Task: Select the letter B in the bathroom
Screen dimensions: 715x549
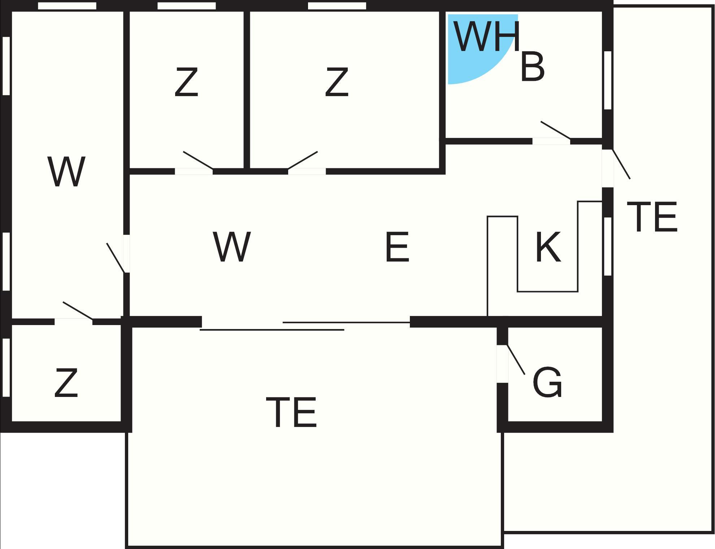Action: (532, 67)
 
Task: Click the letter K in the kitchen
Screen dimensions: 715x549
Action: (548, 247)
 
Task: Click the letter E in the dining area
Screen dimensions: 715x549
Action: (397, 247)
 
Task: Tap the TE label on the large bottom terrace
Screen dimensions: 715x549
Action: (291, 412)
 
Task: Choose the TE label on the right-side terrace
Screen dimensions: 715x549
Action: (652, 217)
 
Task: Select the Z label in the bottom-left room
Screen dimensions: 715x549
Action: (66, 383)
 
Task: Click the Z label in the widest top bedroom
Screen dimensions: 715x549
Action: (337, 82)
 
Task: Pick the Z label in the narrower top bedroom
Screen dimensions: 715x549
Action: (186, 82)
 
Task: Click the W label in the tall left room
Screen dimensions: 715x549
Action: (66, 172)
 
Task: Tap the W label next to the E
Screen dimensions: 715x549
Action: (232, 247)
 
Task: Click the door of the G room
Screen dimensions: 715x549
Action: (516, 360)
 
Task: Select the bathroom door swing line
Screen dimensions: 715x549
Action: (555, 130)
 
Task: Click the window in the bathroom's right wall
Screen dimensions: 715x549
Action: (608, 80)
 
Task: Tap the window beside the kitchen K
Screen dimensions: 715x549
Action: (608, 246)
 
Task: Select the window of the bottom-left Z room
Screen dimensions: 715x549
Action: (6, 368)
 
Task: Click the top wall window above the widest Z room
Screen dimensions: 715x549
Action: (337, 6)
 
